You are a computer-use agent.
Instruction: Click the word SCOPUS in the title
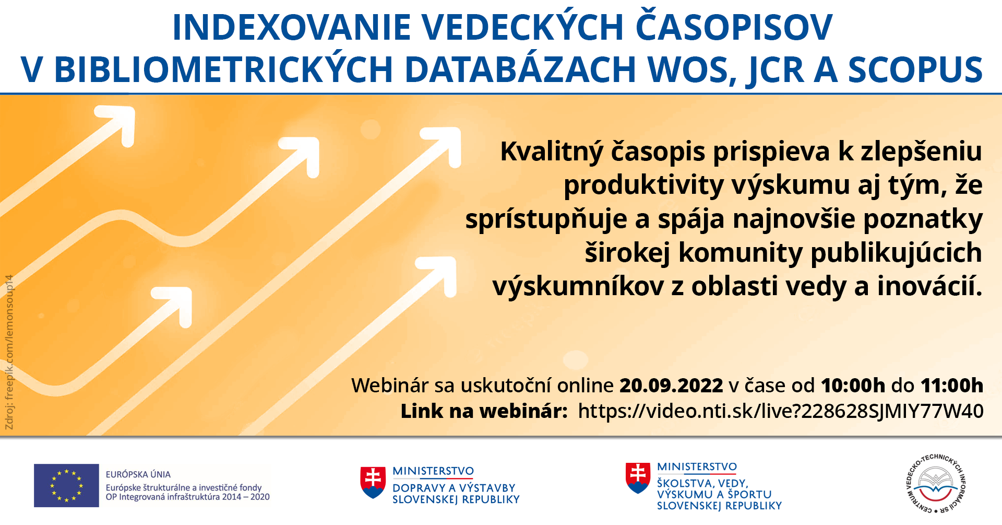(x=915, y=69)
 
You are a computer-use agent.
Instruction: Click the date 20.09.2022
(x=671, y=386)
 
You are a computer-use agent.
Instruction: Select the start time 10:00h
(x=853, y=386)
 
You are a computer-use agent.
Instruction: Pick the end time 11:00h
(x=952, y=386)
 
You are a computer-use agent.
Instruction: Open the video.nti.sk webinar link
(x=781, y=411)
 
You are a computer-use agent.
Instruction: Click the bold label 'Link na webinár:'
(x=484, y=411)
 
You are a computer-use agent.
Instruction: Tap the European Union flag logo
(x=66, y=485)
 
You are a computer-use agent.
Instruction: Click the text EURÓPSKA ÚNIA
(x=138, y=474)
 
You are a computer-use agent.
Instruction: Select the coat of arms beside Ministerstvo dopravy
(x=373, y=482)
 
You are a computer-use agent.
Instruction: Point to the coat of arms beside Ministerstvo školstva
(x=638, y=478)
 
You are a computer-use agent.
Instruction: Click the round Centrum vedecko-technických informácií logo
(x=937, y=484)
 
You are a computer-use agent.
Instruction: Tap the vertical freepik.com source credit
(x=9, y=353)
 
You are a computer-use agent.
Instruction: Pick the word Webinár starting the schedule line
(x=390, y=386)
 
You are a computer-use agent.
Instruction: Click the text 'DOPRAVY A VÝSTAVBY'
(x=454, y=488)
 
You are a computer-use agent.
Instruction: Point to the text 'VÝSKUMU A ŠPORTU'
(x=714, y=494)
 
